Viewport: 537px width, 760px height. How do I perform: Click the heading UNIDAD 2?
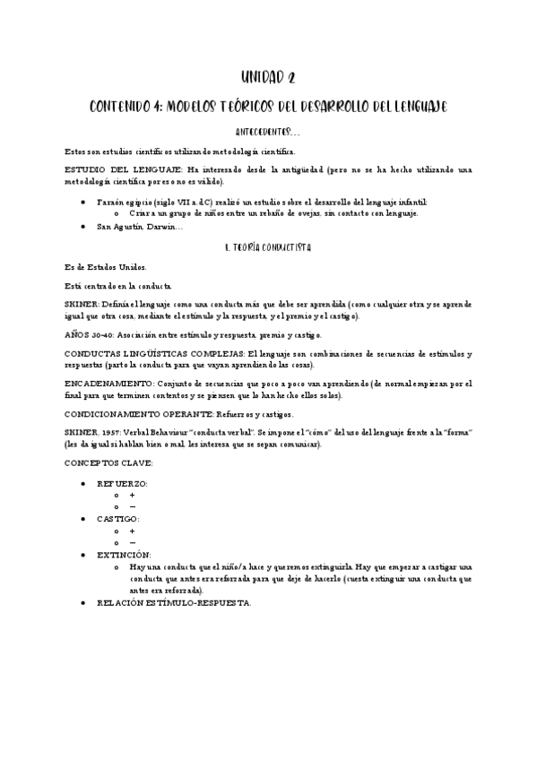pos(268,78)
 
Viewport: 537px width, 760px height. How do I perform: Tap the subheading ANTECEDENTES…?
pos(268,132)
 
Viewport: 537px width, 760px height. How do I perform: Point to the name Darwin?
pos(163,227)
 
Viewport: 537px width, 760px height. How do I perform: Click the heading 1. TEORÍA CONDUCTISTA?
pos(268,245)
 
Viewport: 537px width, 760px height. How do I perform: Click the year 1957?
pos(120,432)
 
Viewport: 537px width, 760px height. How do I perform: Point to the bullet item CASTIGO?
pos(118,519)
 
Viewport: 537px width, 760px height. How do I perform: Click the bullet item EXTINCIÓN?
pos(124,555)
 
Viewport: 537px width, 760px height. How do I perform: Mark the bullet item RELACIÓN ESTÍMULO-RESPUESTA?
pos(174,602)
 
